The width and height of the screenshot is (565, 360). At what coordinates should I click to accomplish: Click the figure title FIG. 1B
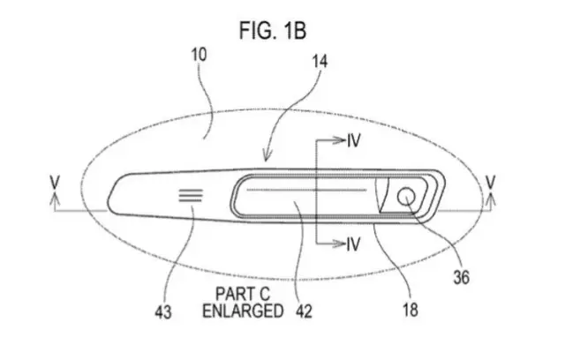(273, 30)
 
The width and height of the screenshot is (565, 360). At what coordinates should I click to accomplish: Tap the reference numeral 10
(200, 55)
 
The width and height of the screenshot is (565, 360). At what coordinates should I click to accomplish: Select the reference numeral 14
(320, 62)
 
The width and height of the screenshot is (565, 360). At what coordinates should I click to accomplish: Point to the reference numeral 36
(461, 278)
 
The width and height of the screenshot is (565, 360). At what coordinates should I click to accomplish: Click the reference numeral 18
(410, 310)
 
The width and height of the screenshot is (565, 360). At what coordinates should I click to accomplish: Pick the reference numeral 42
(304, 311)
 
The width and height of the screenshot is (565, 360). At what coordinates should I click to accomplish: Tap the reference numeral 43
(163, 311)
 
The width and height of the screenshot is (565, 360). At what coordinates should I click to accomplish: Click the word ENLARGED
(243, 311)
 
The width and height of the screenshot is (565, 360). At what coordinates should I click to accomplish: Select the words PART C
(243, 294)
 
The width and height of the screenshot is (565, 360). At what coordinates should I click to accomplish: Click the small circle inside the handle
(406, 197)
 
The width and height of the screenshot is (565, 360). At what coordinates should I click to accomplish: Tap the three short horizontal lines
(191, 196)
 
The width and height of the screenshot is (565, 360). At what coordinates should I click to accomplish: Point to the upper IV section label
(354, 140)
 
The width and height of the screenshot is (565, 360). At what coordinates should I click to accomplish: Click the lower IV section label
(353, 244)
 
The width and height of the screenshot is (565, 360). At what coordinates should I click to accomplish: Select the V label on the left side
(55, 182)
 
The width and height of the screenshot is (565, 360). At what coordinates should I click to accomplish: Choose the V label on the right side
(491, 182)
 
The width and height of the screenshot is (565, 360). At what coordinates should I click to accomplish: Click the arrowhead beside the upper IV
(339, 140)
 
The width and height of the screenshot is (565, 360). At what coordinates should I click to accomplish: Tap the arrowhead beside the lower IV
(339, 244)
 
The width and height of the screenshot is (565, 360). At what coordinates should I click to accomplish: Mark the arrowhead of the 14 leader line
(267, 156)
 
